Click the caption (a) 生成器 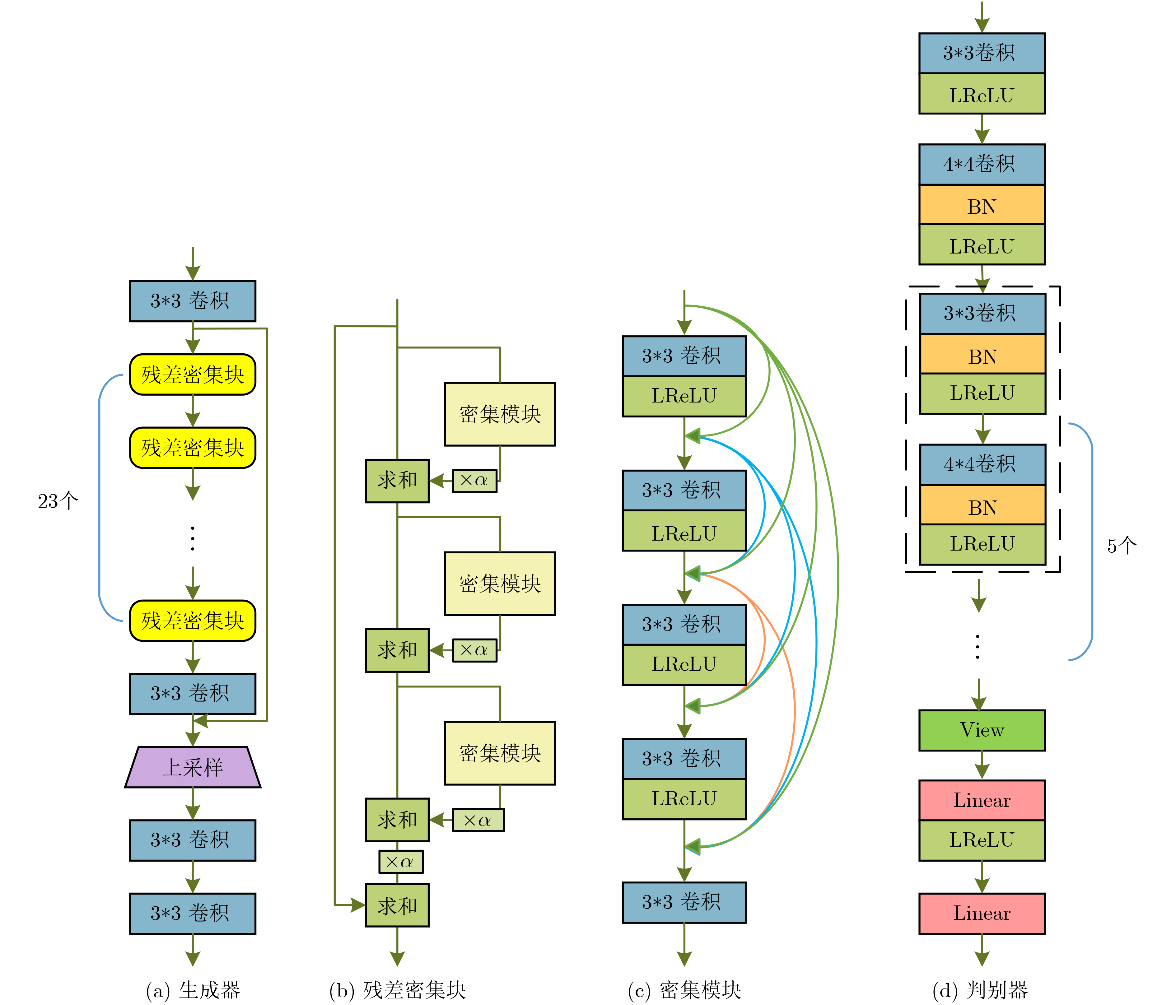(x=193, y=990)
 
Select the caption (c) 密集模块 (x=684, y=990)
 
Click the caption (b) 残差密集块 (x=397, y=990)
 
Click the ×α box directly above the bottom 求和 (x=401, y=862)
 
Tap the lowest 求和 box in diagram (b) (x=397, y=905)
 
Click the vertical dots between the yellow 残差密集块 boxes (x=193, y=538)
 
